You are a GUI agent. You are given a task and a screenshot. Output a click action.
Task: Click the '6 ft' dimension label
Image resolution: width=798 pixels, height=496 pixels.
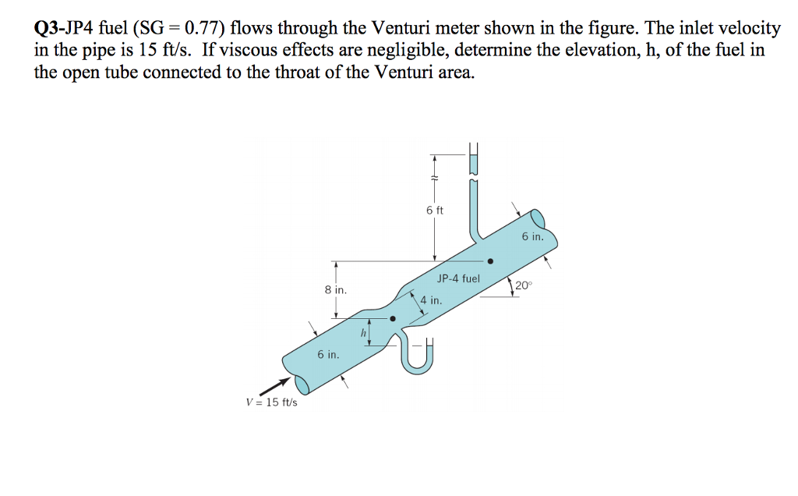pos(435,210)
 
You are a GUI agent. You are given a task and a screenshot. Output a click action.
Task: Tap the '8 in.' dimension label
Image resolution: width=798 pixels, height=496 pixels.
pos(336,289)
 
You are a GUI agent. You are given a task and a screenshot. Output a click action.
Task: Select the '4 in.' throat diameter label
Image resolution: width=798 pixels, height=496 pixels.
pos(431,299)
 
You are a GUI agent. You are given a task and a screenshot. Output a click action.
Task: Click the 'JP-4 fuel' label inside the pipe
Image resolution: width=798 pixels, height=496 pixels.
pos(459,278)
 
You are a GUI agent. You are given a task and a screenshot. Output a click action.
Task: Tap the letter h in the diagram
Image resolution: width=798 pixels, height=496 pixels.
pos(362,334)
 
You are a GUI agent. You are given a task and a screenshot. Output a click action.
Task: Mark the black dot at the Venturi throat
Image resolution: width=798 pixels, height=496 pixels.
pos(393,318)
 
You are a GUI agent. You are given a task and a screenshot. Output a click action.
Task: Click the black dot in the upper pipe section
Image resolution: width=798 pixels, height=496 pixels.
pos(489,262)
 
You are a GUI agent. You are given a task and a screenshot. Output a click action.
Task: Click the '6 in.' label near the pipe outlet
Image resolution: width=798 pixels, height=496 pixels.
pos(533,236)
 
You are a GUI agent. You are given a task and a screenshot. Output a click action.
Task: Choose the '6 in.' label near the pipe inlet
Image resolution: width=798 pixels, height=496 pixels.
pos(328,355)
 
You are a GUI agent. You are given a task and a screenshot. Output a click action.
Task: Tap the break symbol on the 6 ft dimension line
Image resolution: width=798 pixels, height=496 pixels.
pos(435,179)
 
